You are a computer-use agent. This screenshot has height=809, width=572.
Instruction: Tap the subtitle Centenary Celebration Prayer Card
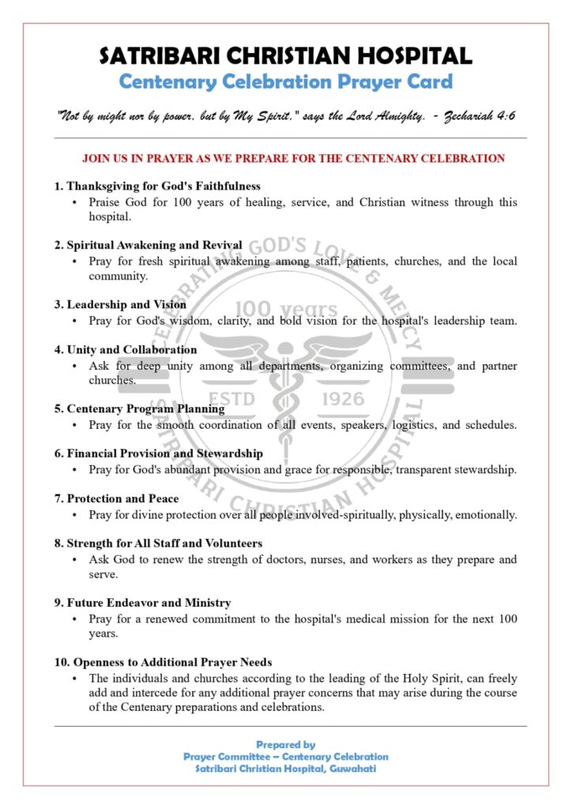click(285, 81)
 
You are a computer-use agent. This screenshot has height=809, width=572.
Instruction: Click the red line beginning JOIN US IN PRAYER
click(293, 158)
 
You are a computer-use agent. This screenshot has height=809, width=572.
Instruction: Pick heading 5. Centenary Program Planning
click(139, 408)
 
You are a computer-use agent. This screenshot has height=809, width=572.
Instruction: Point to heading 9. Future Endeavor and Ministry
click(142, 603)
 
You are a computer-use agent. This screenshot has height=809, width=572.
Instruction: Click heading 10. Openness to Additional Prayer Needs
click(163, 662)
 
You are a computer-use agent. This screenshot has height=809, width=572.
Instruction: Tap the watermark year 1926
click(344, 399)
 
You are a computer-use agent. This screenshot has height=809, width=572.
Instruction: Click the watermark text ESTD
click(231, 399)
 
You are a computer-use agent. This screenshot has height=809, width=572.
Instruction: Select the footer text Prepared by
click(285, 744)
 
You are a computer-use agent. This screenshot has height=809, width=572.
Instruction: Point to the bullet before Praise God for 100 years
click(74, 203)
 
